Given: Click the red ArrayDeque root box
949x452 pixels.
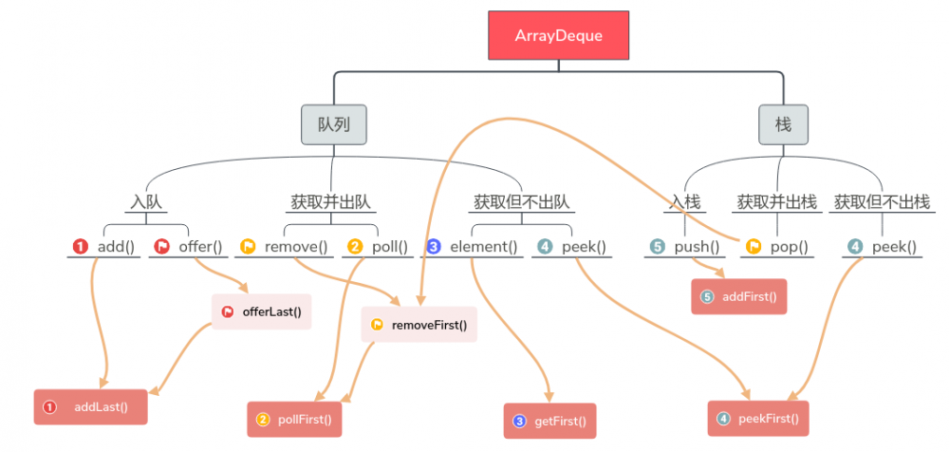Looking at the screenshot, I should pyautogui.click(x=558, y=35).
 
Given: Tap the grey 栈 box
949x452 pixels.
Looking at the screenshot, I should pyautogui.click(x=783, y=124).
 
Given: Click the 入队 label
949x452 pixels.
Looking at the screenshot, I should pyautogui.click(x=145, y=201).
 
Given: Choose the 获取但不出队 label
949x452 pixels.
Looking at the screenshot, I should pyautogui.click(x=521, y=201).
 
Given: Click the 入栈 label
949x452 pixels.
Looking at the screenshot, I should pyautogui.click(x=685, y=201).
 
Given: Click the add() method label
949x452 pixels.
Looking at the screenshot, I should pyautogui.click(x=116, y=247).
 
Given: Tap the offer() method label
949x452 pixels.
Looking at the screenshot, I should pyautogui.click(x=199, y=247).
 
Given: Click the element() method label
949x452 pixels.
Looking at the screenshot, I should pyautogui.click(x=483, y=247).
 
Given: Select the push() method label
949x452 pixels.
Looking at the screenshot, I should pyautogui.click(x=697, y=247).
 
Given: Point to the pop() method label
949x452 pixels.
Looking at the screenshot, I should pyautogui.click(x=789, y=247).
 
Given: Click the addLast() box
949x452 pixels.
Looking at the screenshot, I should pyautogui.click(x=91, y=406).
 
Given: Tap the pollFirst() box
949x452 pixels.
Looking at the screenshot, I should pyautogui.click(x=294, y=419).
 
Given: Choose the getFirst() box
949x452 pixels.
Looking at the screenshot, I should pyautogui.click(x=550, y=421).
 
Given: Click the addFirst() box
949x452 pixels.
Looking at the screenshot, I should pyautogui.click(x=739, y=296).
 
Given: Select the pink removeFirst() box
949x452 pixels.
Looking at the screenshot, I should pyautogui.click(x=419, y=324).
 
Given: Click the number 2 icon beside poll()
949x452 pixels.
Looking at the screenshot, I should pyautogui.click(x=355, y=247).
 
